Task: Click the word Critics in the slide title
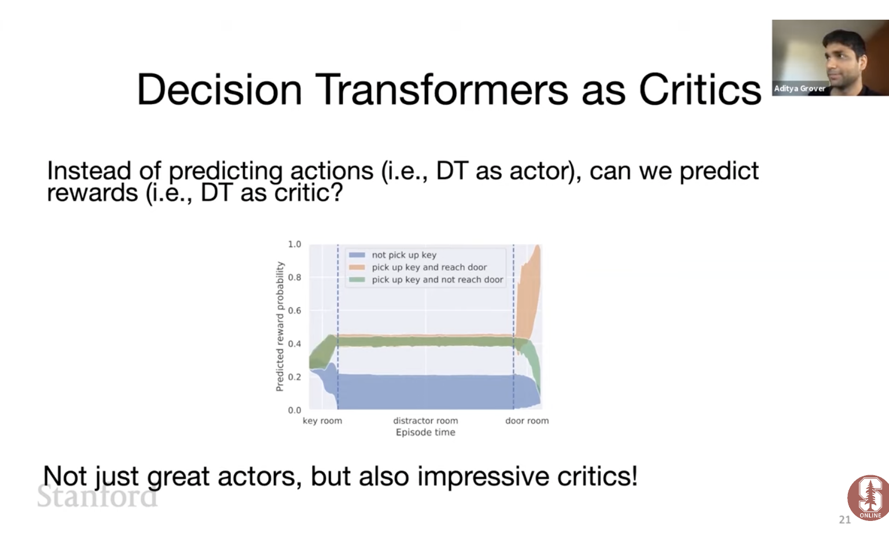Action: [x=700, y=90]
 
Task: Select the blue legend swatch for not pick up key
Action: [x=357, y=255]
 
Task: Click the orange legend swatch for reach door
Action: [x=357, y=267]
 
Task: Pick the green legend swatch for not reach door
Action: [x=357, y=280]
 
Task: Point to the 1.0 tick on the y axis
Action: [x=295, y=244]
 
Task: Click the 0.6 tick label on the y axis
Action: [x=295, y=310]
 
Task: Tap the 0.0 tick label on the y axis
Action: [x=295, y=410]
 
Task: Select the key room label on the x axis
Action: [x=322, y=421]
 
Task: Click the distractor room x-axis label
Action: [x=425, y=421]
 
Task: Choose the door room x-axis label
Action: [x=527, y=421]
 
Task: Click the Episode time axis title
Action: [x=425, y=432]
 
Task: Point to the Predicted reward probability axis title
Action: [x=280, y=326]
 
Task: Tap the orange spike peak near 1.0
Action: [x=538, y=246]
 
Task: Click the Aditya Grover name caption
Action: [x=800, y=89]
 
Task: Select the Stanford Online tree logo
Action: [x=868, y=498]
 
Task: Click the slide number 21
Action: [x=845, y=520]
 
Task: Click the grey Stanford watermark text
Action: [x=97, y=496]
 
